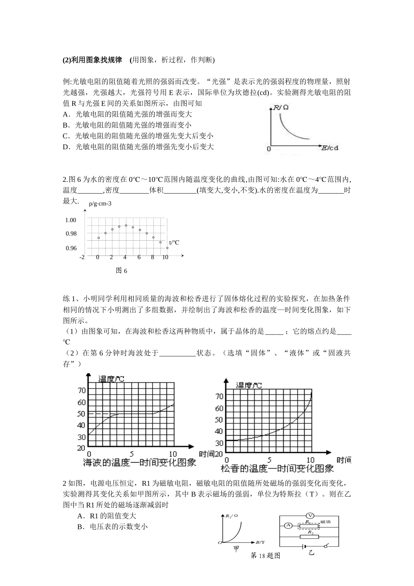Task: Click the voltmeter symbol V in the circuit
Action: pyautogui.click(x=309, y=515)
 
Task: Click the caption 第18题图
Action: pyautogui.click(x=265, y=555)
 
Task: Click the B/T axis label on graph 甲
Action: pyautogui.click(x=260, y=542)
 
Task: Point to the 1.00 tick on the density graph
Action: pyautogui.click(x=71, y=220)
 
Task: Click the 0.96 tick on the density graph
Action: pyautogui.click(x=71, y=248)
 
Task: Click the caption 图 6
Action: pyautogui.click(x=122, y=271)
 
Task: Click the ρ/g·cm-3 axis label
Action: pyautogui.click(x=100, y=204)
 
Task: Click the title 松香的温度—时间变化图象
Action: pyautogui.click(x=278, y=469)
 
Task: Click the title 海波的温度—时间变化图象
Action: pyautogui.click(x=139, y=463)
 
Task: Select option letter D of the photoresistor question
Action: pyautogui.click(x=66, y=147)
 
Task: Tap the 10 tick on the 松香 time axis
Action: pyautogui.click(x=310, y=460)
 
